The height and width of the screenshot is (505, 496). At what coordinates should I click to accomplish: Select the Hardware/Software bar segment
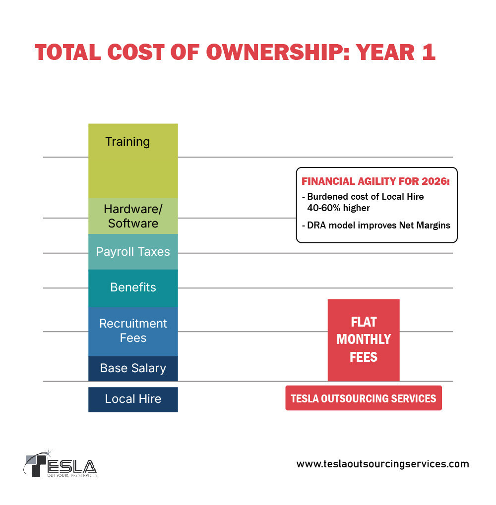click(133, 216)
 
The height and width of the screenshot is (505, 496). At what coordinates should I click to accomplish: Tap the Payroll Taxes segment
click(133, 252)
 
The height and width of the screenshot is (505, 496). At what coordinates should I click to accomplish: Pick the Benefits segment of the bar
click(133, 288)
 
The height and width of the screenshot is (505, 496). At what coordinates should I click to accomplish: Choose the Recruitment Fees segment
click(133, 331)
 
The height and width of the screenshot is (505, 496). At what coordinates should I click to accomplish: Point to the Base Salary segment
click(133, 368)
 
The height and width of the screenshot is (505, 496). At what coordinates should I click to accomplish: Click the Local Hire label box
click(133, 399)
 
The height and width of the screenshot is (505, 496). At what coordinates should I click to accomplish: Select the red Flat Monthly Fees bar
click(364, 340)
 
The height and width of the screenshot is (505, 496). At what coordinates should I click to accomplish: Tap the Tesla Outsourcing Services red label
click(364, 398)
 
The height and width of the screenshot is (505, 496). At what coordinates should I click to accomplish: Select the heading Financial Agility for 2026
click(375, 182)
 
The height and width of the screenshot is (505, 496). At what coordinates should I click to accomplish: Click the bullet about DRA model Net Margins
click(375, 225)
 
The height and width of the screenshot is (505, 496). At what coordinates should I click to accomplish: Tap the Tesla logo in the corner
click(61, 464)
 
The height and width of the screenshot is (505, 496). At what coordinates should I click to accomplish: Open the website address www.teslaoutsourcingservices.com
click(382, 464)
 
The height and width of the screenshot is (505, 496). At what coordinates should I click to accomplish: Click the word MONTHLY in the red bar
click(364, 339)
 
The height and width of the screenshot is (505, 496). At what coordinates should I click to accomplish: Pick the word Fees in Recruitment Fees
click(133, 338)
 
